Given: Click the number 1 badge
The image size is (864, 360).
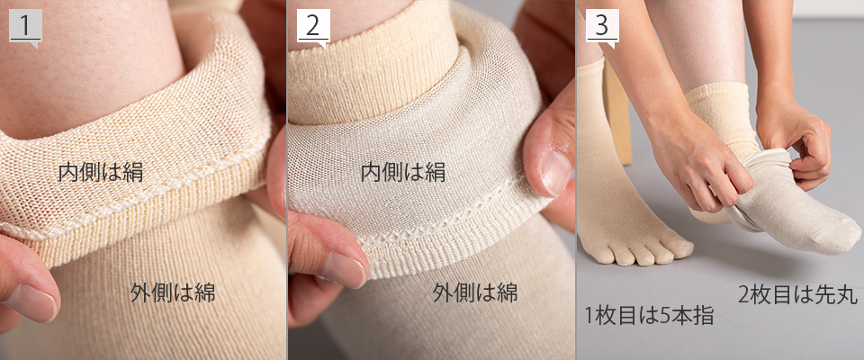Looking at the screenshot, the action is click(25, 26).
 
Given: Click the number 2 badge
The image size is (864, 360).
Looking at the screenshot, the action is click(313, 26).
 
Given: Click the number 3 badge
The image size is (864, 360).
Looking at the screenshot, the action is click(602, 26).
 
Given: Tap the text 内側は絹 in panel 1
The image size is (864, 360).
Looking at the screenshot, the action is click(101, 172).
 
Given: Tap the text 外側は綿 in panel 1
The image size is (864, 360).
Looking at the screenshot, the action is click(173, 292).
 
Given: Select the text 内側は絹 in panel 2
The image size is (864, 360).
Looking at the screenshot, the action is click(403, 173).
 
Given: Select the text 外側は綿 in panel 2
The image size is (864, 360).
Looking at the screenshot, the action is click(475, 292).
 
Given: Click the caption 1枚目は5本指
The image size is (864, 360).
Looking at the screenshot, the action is click(649, 316).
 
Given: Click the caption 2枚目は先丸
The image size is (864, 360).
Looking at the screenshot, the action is click(798, 295).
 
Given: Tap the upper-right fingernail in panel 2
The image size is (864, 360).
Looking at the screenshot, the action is click(555, 172).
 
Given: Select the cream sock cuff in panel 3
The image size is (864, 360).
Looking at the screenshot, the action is click(719, 113).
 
